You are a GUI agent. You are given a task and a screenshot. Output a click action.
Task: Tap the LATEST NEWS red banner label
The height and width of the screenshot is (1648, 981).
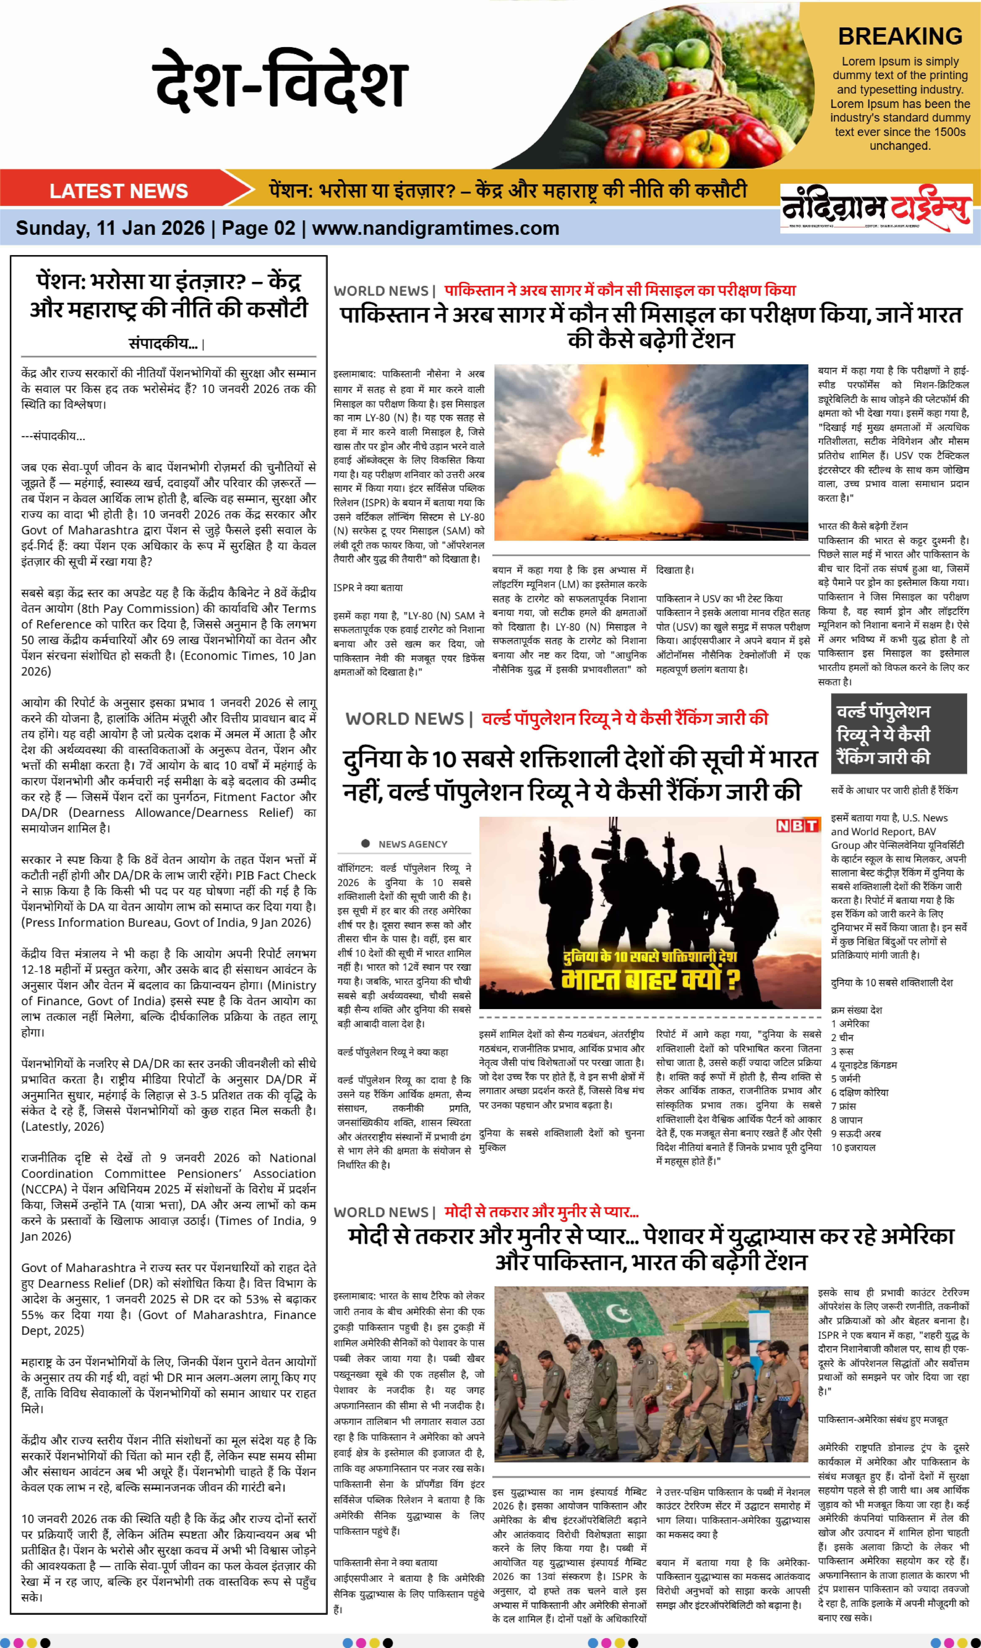click(119, 191)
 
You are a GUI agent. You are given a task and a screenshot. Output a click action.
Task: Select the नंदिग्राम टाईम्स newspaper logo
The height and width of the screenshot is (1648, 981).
click(876, 208)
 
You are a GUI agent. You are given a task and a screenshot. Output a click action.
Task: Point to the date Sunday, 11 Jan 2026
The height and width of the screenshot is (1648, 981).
click(110, 229)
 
